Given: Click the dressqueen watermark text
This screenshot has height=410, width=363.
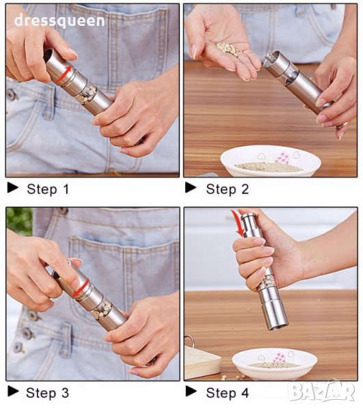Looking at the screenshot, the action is [x=59, y=21].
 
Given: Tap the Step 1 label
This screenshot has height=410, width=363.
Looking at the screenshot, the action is [x=48, y=189].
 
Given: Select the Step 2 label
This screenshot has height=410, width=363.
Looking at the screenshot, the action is [x=227, y=189].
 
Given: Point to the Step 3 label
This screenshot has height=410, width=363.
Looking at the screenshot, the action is [x=47, y=393].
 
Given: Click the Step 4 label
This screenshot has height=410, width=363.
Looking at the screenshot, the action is [x=227, y=393].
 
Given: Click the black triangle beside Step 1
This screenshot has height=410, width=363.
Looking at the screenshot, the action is [x=13, y=187].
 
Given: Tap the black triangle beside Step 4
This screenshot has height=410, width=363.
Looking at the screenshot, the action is [x=191, y=392].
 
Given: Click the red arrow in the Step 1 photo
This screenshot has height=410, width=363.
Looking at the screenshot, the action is [x=64, y=74].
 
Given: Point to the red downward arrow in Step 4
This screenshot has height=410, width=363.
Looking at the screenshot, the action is [x=239, y=223].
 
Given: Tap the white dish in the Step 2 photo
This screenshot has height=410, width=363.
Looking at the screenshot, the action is [x=271, y=161].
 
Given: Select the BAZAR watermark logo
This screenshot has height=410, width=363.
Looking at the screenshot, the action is [x=322, y=391].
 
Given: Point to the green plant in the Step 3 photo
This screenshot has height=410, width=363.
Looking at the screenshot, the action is [x=19, y=221].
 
